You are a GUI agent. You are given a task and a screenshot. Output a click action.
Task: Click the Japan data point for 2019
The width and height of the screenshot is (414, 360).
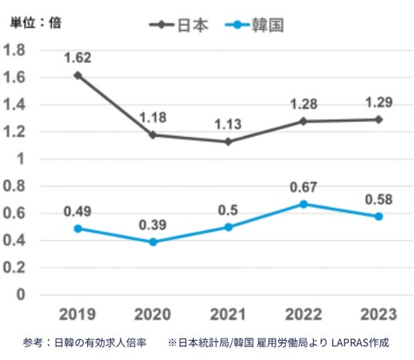point(77,76)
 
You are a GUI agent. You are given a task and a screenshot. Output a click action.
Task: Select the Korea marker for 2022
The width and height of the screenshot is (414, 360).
point(304,204)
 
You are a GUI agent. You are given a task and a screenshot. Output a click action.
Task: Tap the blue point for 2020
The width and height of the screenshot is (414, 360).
point(153,242)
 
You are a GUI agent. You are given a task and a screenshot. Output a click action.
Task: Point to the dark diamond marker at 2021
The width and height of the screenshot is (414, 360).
point(228,142)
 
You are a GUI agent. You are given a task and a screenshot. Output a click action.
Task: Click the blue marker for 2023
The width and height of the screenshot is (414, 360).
point(379,216)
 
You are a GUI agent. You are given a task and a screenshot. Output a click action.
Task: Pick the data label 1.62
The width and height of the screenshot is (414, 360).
point(78,58)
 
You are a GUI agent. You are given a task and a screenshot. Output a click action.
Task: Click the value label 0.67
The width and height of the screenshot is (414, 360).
point(304,187)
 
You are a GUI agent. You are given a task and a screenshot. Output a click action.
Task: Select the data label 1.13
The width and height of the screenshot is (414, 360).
point(228,124)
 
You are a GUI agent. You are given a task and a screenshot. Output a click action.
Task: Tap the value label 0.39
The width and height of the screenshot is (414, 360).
point(153,225)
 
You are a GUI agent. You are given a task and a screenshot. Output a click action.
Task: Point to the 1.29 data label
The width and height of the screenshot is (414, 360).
point(379,102)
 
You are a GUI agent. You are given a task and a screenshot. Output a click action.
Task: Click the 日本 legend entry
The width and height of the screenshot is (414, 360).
point(179,25)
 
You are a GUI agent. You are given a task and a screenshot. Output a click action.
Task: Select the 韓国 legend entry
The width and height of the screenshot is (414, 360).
point(255,25)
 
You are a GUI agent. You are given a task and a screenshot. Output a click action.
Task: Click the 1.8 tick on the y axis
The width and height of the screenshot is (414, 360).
point(14,50)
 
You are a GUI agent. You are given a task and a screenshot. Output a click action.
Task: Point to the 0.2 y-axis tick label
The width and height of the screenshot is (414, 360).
point(14,267)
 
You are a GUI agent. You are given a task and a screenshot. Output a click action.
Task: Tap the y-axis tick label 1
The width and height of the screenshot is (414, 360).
point(21,159)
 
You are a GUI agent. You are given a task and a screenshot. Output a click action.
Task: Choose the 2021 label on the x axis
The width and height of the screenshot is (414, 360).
point(228,314)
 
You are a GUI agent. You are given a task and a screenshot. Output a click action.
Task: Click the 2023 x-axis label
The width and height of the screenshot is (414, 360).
point(379,314)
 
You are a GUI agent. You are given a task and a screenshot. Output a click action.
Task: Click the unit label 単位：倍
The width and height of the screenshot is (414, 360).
point(36,22)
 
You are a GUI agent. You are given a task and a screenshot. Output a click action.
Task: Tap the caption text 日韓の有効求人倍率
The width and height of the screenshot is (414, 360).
point(100,343)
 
